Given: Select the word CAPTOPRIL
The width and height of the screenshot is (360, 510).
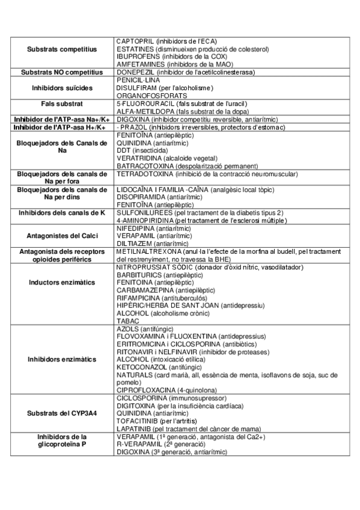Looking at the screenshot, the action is pos(133,41).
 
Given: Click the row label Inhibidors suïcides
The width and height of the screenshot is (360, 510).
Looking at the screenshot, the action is pos(62,88).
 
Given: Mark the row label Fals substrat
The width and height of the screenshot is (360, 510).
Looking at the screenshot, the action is pos(62,103).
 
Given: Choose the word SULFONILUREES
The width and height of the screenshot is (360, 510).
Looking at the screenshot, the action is pos(142,213).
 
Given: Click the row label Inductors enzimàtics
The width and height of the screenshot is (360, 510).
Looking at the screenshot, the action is pos(62,282).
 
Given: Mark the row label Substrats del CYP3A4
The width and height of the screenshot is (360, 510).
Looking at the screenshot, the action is pos(62,414).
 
